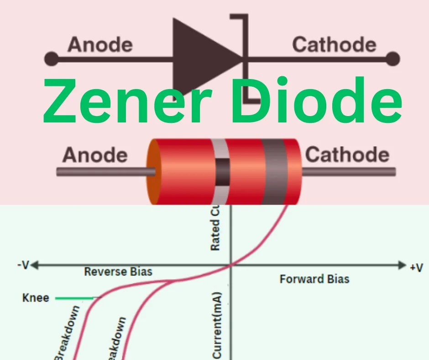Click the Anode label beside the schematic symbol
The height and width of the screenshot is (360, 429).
pos(100,45)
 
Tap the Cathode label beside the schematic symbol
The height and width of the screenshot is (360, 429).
pos(334,45)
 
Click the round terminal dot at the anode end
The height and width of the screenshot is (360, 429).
pos(51,59)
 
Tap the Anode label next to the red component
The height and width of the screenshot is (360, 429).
pos(95,155)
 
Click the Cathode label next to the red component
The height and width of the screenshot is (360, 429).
pos(347,155)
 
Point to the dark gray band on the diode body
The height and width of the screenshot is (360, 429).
pos(273,171)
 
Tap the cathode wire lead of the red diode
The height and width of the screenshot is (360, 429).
pos(349,172)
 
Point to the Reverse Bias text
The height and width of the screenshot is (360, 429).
pos(118,272)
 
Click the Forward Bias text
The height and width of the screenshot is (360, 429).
pos(314,279)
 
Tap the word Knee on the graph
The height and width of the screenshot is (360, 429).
pos(36,299)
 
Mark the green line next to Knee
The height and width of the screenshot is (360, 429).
pos(75,299)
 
